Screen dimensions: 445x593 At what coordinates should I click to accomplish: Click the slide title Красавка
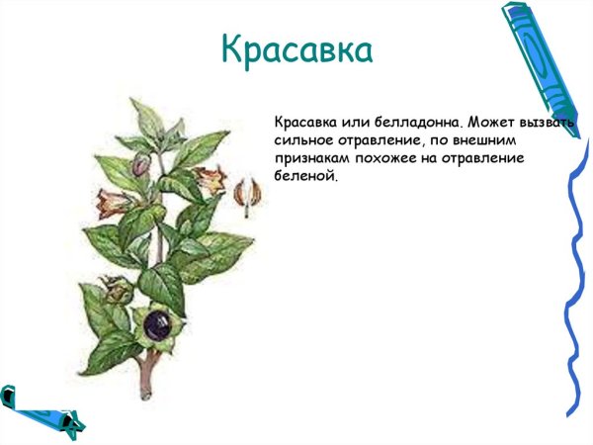pyautogui.click(x=296, y=49)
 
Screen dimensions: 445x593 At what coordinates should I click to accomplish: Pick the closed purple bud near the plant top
pyautogui.click(x=142, y=161)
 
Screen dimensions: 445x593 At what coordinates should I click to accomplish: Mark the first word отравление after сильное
pyautogui.click(x=386, y=139)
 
